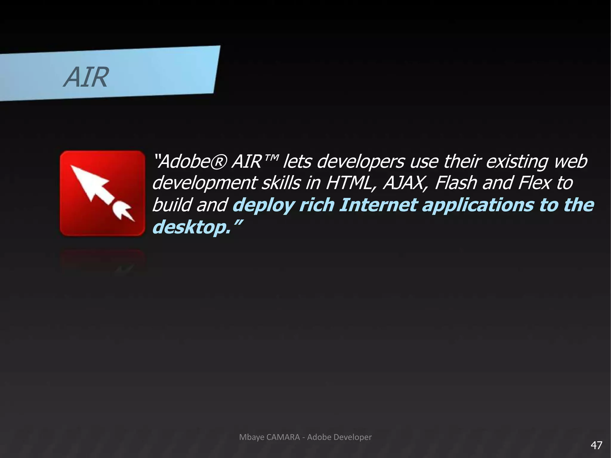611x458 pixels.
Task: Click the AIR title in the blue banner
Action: (86, 77)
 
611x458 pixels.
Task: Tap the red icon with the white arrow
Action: (102, 193)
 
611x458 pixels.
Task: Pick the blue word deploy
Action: (263, 206)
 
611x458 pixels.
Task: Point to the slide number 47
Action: (596, 445)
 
